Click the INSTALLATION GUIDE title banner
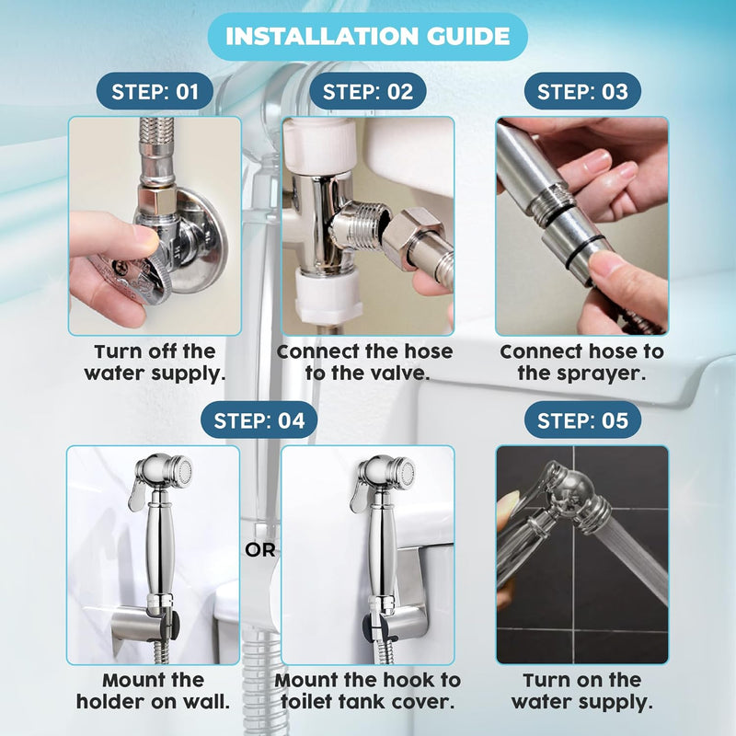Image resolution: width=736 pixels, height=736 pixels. pyautogui.click(x=367, y=37)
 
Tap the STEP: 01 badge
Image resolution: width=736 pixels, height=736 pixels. pyautogui.click(x=155, y=91)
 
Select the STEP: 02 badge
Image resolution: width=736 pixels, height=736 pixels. pyautogui.click(x=367, y=91)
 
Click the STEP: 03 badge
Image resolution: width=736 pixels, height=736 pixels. pyautogui.click(x=582, y=91)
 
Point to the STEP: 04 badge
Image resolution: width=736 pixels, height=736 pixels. pyautogui.click(x=259, y=420)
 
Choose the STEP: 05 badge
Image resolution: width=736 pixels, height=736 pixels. pyautogui.click(x=582, y=420)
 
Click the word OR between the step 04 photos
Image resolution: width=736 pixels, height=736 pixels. pyautogui.click(x=260, y=550)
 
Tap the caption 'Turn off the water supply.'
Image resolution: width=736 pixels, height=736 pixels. pyautogui.click(x=155, y=362)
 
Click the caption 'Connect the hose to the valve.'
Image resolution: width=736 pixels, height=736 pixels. pyautogui.click(x=365, y=362)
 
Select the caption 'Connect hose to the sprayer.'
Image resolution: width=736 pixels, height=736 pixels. pyautogui.click(x=582, y=362)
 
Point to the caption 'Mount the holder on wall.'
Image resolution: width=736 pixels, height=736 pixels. pyautogui.click(x=153, y=691)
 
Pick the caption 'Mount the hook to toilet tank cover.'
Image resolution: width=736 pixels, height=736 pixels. pyautogui.click(x=367, y=691)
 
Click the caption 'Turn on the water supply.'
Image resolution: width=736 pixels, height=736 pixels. pyautogui.click(x=582, y=691)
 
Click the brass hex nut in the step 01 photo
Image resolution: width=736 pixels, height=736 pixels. pyautogui.click(x=157, y=200)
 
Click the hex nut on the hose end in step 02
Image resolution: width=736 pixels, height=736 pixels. pyautogui.click(x=409, y=238)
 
